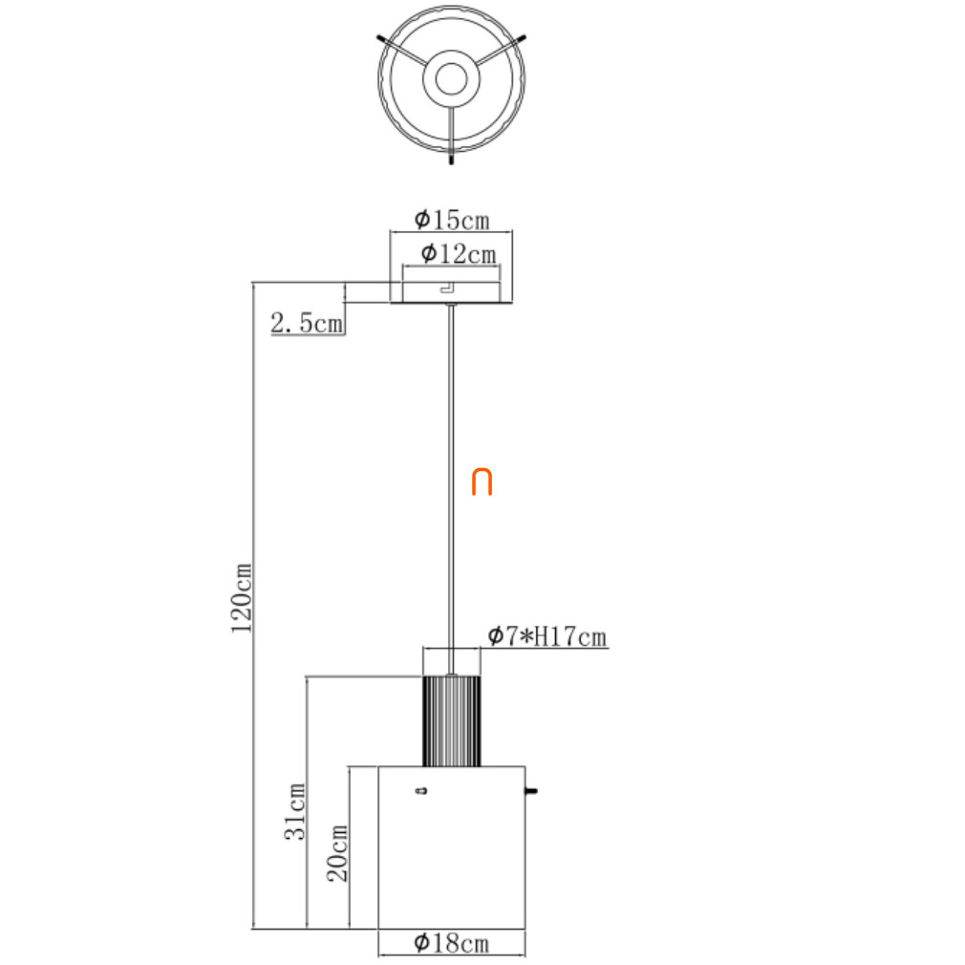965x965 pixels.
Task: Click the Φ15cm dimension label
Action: (452, 220)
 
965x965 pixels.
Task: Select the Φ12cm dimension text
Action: (459, 253)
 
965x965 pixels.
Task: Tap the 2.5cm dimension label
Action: (307, 323)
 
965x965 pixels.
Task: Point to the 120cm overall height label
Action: (241, 597)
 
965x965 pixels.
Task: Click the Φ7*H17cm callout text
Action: (547, 636)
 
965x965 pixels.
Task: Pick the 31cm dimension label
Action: (295, 812)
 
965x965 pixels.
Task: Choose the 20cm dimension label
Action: (337, 853)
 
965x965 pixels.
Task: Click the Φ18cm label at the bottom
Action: (452, 942)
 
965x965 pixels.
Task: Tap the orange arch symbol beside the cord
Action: (482, 482)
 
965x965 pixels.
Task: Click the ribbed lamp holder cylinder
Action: (452, 720)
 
